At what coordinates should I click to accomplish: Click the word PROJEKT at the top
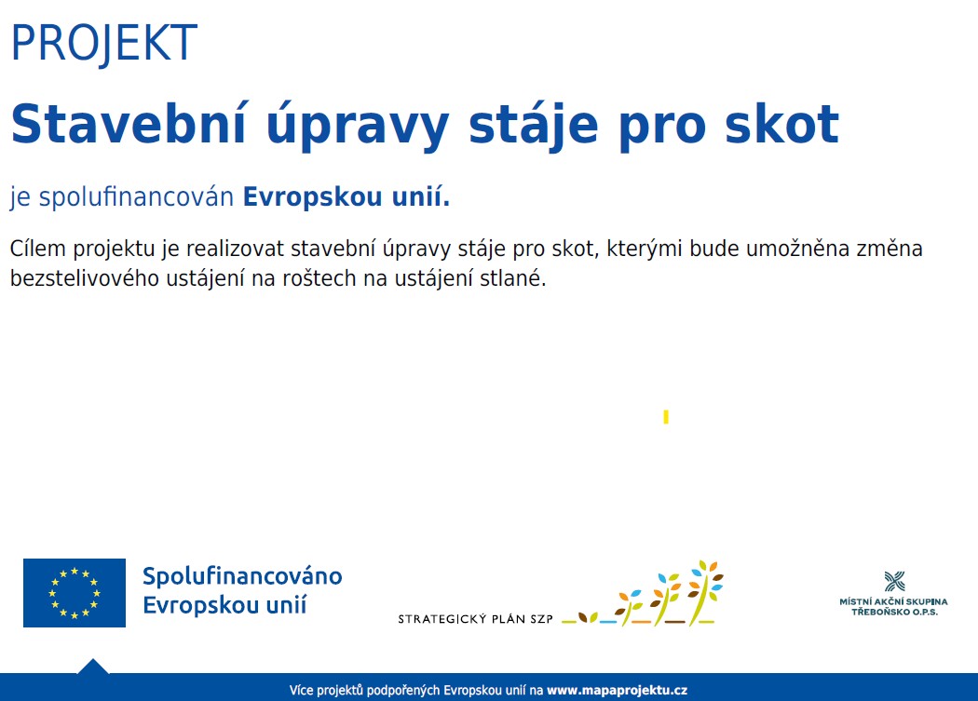tap(104, 43)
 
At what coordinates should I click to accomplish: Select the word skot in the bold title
tap(781, 124)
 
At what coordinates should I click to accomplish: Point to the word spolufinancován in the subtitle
tap(136, 197)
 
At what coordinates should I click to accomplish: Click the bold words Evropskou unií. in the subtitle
tap(346, 196)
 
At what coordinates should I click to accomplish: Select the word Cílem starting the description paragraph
tap(37, 249)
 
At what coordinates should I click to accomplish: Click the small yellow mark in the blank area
tap(666, 417)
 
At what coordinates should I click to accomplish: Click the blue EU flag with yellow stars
tap(75, 592)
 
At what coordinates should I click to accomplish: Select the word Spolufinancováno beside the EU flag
tap(242, 575)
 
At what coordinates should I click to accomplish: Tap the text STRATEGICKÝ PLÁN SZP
tap(475, 619)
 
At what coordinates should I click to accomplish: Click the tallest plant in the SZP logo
tap(705, 592)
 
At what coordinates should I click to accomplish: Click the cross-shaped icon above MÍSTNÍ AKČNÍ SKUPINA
tap(894, 581)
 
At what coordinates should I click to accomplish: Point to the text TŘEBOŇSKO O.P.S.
tap(894, 612)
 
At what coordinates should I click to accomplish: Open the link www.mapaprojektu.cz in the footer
tap(617, 691)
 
